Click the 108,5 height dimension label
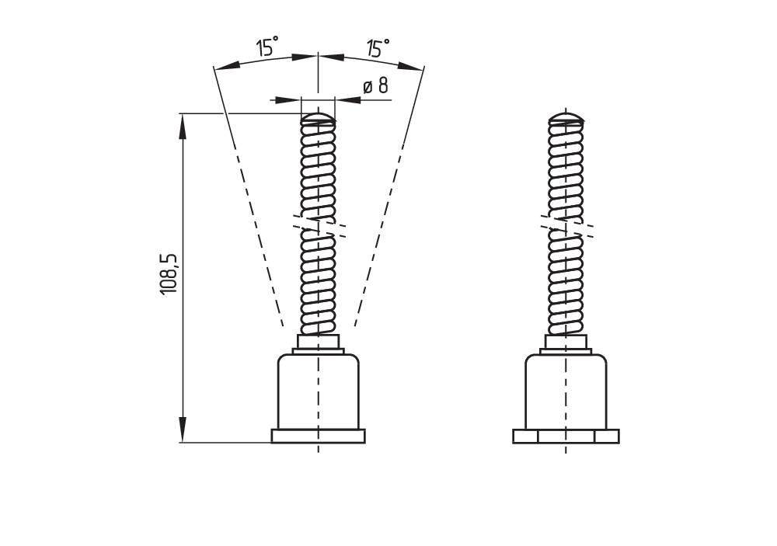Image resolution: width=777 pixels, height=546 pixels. [x=169, y=273]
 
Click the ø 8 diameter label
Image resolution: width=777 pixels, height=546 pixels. [x=376, y=86]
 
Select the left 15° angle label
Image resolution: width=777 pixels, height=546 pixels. [x=267, y=48]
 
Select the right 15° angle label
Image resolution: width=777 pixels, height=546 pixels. [x=378, y=49]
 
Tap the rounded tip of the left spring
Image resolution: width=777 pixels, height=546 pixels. [x=318, y=119]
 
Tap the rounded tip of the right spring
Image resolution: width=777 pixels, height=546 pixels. [x=566, y=119]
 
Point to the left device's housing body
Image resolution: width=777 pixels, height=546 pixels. [x=318, y=392]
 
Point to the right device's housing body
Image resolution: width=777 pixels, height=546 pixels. [x=566, y=392]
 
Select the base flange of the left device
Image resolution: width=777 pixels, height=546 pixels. [x=318, y=436]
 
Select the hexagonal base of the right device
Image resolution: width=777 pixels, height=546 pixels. [x=566, y=436]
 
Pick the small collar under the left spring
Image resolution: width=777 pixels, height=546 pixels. [x=318, y=342]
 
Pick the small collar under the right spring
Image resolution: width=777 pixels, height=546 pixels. [x=566, y=342]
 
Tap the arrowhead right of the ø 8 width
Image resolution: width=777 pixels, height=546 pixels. [x=345, y=100]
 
